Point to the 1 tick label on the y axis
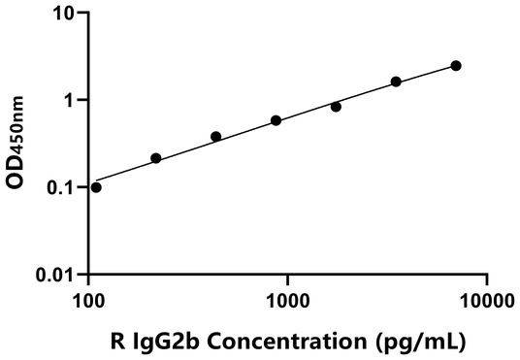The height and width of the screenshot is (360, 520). tap(72, 101)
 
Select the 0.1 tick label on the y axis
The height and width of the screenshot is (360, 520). tap(62, 186)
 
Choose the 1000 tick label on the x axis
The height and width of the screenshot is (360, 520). tap(288, 301)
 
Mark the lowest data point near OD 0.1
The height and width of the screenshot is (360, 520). tap(95, 187)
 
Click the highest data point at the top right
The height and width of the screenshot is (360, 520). tap(456, 66)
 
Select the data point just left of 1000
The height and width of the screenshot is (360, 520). tap(276, 120)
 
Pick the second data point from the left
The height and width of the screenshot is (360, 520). tap(155, 158)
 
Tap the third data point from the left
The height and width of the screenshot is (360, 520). tap(215, 137)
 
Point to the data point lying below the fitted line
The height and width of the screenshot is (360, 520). tap(336, 107)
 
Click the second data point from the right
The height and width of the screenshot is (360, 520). tap(396, 82)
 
